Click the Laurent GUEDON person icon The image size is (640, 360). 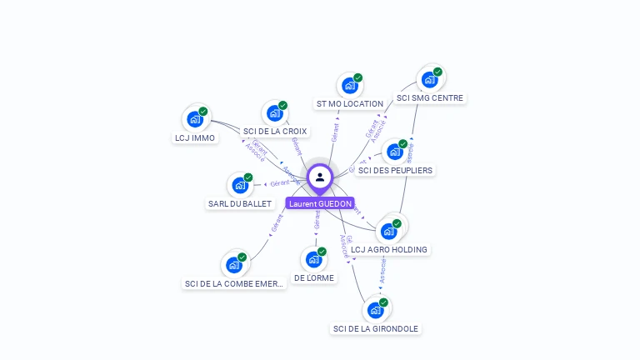(x=320, y=177)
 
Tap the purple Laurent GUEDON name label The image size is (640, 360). (x=320, y=203)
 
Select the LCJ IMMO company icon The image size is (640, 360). (x=196, y=119)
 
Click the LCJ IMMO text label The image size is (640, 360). (x=195, y=138)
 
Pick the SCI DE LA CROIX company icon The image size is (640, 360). (x=275, y=113)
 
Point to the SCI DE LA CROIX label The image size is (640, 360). (x=275, y=132)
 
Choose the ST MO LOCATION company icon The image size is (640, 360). (x=350, y=85)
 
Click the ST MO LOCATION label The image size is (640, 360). (x=350, y=104)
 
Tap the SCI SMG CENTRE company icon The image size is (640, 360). (x=430, y=79)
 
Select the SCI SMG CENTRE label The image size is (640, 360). (x=430, y=98)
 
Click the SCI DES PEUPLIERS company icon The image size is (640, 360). (x=395, y=152)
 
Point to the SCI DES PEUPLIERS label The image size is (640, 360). (x=396, y=171)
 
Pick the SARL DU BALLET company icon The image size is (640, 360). (x=241, y=185)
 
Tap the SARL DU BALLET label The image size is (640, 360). (x=240, y=204)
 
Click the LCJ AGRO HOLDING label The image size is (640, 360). (x=389, y=250)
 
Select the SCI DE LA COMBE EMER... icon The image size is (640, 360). (x=234, y=265)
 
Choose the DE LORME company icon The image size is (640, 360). (x=314, y=259)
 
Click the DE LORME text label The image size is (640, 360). (x=314, y=278)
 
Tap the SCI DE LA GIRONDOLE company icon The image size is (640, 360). (x=376, y=310)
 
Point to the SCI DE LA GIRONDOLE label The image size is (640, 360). (x=376, y=329)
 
